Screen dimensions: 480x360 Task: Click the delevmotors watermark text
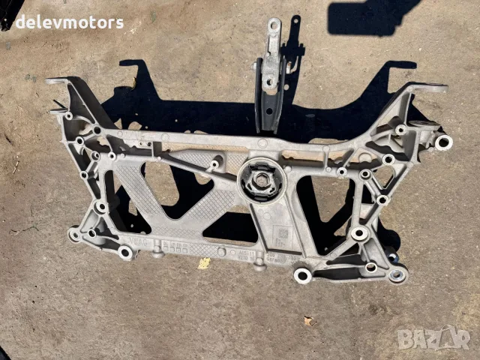tap(70, 22)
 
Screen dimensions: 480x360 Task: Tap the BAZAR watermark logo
tap(433, 337)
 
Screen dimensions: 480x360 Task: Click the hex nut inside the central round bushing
tap(262, 180)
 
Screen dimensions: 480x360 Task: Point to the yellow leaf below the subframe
tap(204, 263)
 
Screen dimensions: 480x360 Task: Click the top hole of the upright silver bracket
tap(274, 25)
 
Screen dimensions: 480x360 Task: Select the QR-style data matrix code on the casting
tap(283, 234)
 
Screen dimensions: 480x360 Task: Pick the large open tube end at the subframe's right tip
tap(443, 142)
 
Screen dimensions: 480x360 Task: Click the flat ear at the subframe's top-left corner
tap(58, 81)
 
